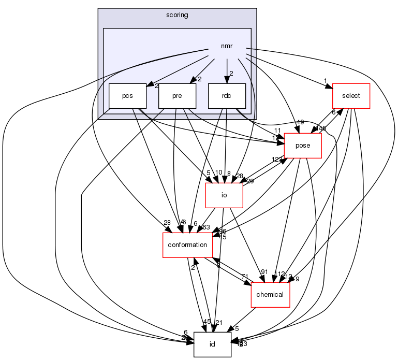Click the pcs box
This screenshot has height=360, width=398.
point(127,96)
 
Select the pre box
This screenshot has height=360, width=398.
point(178,96)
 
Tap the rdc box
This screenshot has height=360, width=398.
point(226,96)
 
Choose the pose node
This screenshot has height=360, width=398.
point(302,146)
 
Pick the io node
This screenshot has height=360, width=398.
point(225,195)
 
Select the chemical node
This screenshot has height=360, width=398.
point(270,295)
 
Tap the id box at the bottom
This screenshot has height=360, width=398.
point(212,344)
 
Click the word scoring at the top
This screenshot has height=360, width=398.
point(178,15)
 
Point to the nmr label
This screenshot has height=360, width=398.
point(226,47)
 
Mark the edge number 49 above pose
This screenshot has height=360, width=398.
point(300,123)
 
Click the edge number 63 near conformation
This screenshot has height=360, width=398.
point(205,227)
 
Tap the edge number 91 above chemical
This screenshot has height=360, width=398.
point(264,272)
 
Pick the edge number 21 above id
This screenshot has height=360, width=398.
point(218,323)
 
